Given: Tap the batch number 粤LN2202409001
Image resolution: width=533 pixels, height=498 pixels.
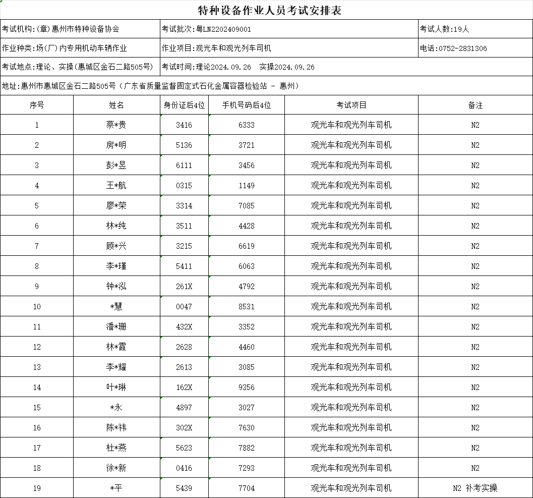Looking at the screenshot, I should pyautogui.click(x=223, y=29).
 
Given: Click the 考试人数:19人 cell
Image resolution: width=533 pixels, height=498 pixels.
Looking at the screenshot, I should pyautogui.click(x=444, y=29).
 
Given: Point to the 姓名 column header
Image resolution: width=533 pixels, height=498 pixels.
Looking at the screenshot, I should pyautogui.click(x=116, y=105).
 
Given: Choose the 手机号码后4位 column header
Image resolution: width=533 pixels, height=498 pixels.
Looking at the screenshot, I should pyautogui.click(x=247, y=105).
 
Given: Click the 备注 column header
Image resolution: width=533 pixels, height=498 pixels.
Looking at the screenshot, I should pyautogui.click(x=475, y=105).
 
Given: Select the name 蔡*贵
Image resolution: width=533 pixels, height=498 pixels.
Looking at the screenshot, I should pyautogui.click(x=116, y=125).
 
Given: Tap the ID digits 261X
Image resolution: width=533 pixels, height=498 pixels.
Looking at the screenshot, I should pyautogui.click(x=184, y=286).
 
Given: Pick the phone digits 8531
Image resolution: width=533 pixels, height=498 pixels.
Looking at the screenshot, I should pyautogui.click(x=247, y=306).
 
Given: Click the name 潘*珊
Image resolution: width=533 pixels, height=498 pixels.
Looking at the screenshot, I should pyautogui.click(x=116, y=326).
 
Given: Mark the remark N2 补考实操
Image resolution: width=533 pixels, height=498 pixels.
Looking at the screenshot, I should pyautogui.click(x=475, y=488).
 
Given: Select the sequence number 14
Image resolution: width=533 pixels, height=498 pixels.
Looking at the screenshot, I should pyautogui.click(x=37, y=387).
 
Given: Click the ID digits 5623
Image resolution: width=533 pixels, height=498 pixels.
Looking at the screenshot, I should pyautogui.click(x=184, y=448).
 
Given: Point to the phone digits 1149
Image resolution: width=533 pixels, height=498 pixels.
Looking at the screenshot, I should pyautogui.click(x=247, y=185).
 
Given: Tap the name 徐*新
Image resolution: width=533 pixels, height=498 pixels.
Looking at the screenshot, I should pyautogui.click(x=116, y=468).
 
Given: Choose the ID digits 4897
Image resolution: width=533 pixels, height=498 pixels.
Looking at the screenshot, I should pyautogui.click(x=184, y=407).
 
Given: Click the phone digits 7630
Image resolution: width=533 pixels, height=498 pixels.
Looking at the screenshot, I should pyautogui.click(x=247, y=427).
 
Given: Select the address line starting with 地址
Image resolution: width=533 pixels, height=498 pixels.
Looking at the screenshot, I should pyautogui.click(x=151, y=86).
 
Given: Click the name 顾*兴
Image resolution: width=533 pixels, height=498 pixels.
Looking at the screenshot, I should pyautogui.click(x=116, y=246).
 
